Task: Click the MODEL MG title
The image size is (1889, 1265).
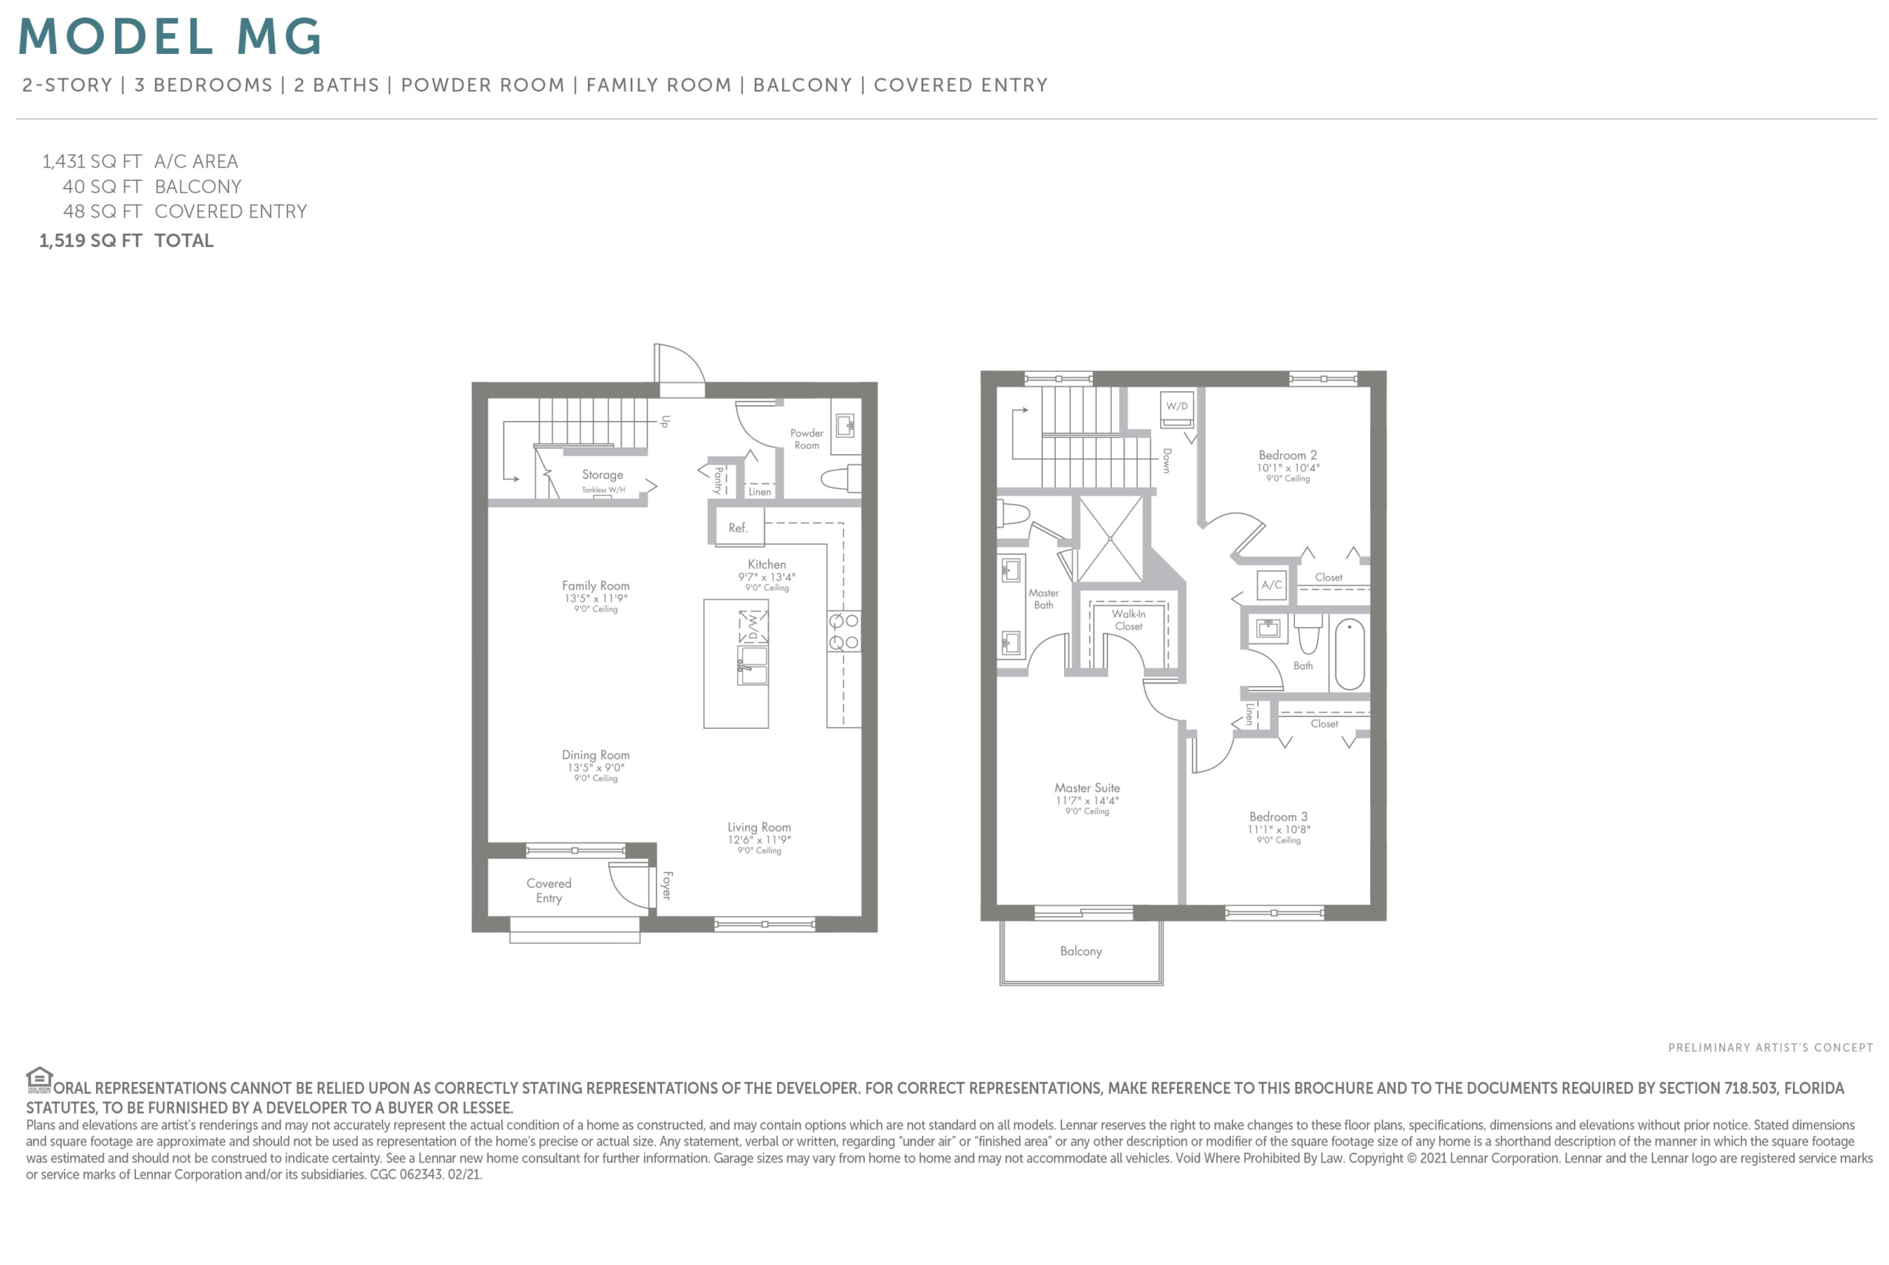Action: [170, 37]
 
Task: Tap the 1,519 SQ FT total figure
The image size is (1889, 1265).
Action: [90, 240]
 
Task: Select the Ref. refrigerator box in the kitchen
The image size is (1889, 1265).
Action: [739, 527]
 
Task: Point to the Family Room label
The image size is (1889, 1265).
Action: [595, 586]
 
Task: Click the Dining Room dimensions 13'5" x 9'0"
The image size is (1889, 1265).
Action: [595, 767]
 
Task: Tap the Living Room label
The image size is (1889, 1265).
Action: [759, 827]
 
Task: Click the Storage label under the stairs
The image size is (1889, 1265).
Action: [602, 475]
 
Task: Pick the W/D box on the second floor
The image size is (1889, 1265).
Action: [1176, 406]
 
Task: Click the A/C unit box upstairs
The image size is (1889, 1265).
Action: [1271, 585]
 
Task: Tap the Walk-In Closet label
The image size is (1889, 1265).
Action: [1128, 620]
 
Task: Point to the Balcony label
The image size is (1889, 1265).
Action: [1080, 952]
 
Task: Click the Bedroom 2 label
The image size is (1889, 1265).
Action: [1287, 455]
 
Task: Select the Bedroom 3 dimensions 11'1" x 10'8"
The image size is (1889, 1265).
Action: [1278, 829]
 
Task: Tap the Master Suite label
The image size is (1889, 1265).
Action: [1087, 788]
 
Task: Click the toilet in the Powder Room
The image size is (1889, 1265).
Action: [840, 479]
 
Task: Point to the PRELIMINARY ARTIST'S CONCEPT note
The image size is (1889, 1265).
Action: [1770, 1047]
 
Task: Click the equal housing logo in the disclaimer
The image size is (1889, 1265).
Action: [38, 1078]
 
